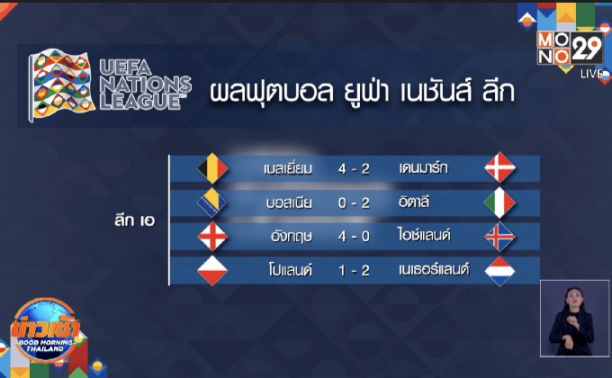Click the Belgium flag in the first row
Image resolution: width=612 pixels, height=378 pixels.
(x=210, y=167)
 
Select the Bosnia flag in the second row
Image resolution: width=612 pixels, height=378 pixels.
(x=210, y=202)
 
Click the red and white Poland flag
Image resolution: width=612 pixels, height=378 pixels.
(x=210, y=270)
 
